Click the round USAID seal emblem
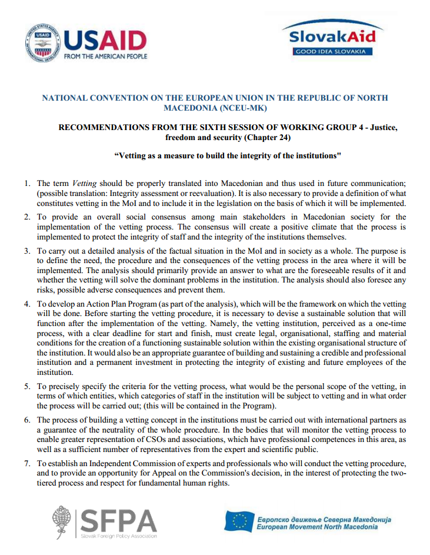point(42,44)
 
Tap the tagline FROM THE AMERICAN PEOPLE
point(105,57)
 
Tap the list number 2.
point(27,217)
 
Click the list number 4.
point(27,303)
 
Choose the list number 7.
point(27,464)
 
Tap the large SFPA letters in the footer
point(118,519)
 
